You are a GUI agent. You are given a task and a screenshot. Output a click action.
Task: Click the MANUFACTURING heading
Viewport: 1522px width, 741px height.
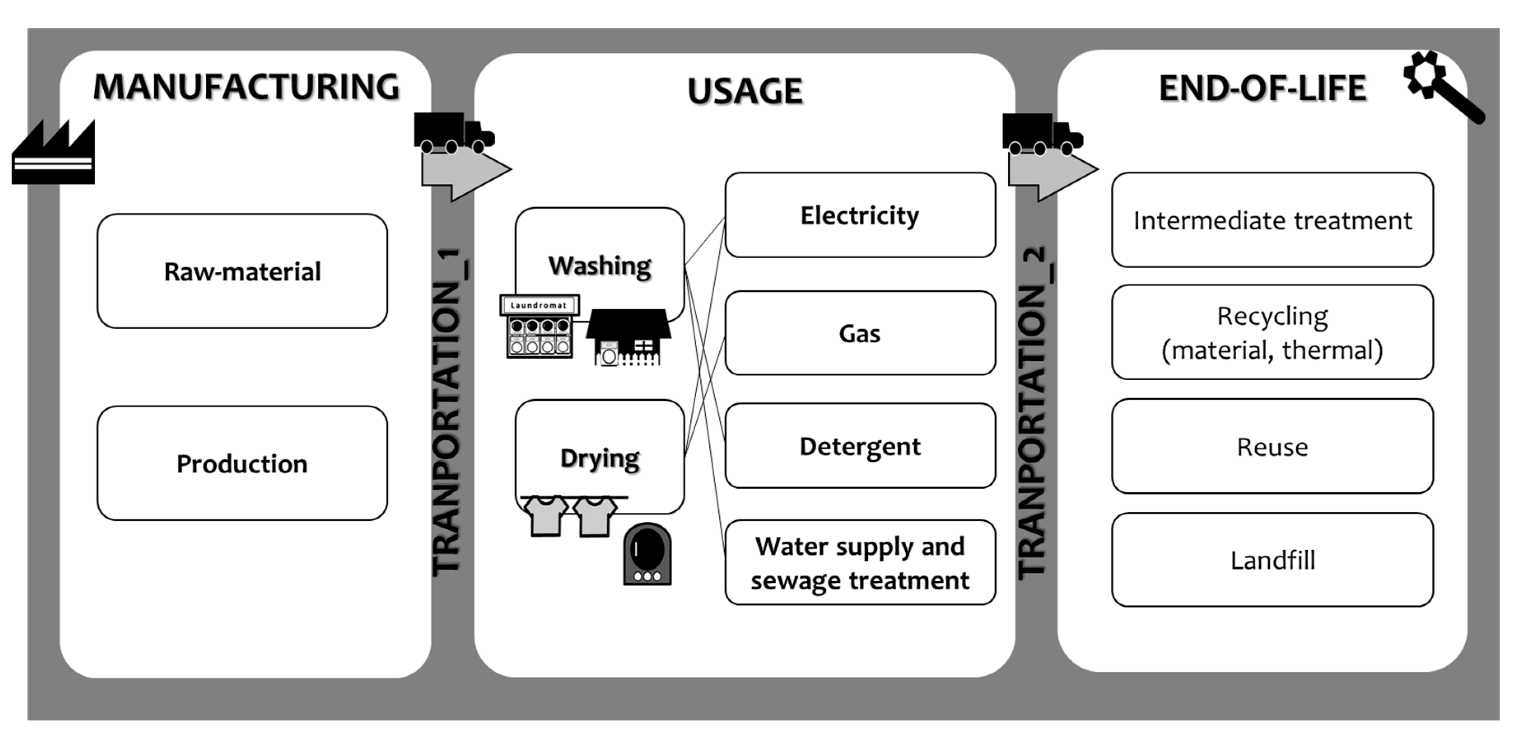coord(246,87)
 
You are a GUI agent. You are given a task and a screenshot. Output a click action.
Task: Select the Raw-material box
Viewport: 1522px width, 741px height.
coord(242,271)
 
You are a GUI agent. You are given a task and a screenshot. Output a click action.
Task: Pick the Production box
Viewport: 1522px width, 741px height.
coord(242,463)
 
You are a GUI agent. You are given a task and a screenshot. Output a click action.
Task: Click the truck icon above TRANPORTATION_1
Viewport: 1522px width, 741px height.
coord(452,133)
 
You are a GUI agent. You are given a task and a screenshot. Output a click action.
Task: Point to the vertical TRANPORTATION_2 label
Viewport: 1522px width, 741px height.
coord(1033,414)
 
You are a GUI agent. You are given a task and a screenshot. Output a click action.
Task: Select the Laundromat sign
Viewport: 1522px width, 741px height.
coord(539,305)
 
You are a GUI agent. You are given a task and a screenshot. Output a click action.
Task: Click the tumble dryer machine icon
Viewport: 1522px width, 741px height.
coord(647,554)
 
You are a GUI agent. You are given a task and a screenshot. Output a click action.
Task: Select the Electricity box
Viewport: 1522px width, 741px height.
coord(860,215)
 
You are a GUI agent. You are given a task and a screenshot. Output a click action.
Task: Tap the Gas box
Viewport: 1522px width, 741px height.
coord(860,333)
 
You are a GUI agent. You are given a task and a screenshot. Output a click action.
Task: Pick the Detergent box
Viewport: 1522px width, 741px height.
coord(860,446)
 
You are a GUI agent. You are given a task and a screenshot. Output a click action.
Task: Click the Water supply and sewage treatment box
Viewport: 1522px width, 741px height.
coord(860,563)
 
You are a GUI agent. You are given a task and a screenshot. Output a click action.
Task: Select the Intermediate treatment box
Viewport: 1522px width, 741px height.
coord(1272,220)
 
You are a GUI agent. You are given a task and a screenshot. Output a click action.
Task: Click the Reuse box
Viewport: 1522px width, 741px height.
coord(1272,447)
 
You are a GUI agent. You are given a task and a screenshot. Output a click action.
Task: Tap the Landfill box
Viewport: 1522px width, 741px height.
coord(1272,560)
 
